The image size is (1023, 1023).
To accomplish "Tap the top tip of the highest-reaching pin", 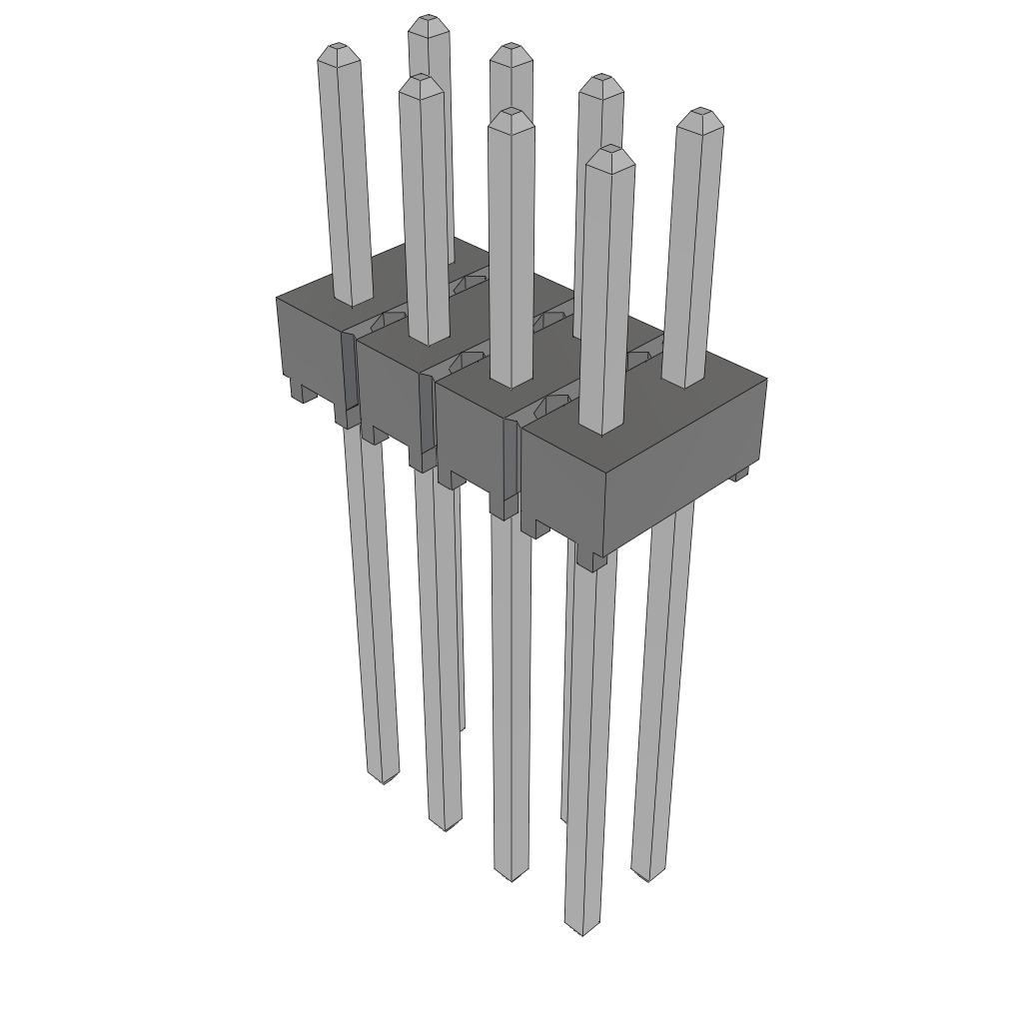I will [429, 19].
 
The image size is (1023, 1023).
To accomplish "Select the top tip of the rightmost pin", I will [701, 112].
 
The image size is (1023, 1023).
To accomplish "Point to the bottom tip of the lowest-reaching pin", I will [582, 932].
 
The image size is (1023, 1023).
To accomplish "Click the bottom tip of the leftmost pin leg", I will [384, 780].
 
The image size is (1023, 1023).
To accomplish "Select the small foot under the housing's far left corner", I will [298, 394].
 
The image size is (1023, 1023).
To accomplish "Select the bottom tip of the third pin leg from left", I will [511, 878].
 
